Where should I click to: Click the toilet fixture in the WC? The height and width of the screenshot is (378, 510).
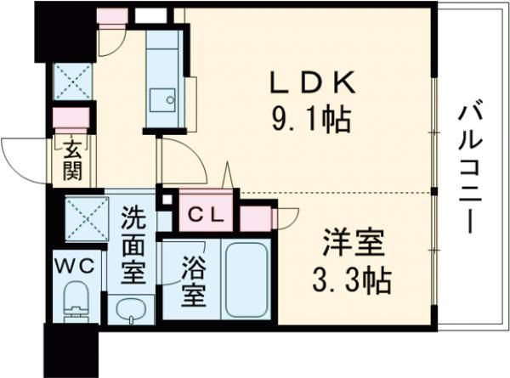click(x=78, y=302)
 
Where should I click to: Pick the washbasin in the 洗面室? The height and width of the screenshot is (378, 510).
click(x=130, y=310)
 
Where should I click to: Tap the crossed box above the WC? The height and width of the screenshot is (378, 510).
click(x=87, y=217)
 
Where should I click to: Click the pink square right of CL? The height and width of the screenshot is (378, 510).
click(x=254, y=218)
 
